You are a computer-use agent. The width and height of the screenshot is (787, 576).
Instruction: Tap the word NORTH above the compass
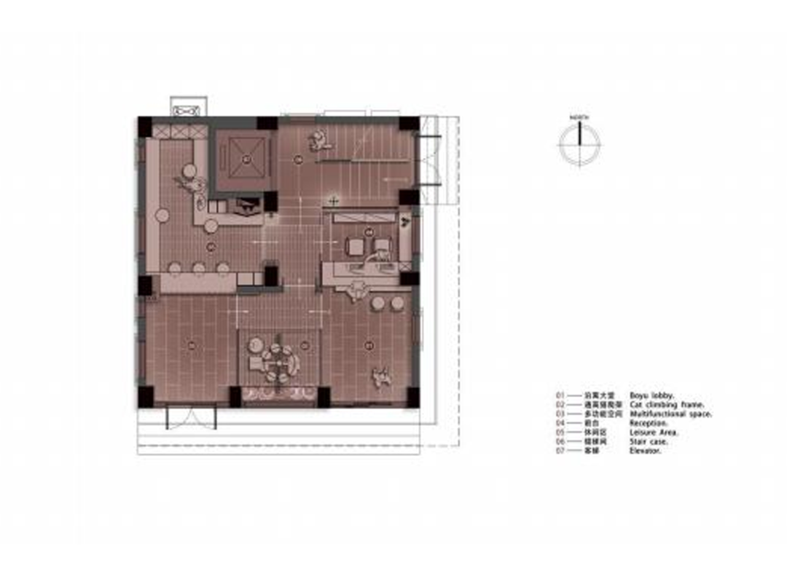[580, 117]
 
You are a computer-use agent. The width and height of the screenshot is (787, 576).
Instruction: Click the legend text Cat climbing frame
[667, 404]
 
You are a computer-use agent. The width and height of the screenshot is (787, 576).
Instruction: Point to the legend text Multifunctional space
[670, 414]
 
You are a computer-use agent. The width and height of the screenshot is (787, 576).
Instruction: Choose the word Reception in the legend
[648, 423]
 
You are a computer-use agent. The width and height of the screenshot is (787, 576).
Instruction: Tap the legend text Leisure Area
[654, 433]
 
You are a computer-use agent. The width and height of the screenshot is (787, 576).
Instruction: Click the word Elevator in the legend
[645, 451]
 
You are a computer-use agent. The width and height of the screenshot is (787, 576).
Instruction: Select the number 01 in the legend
[560, 395]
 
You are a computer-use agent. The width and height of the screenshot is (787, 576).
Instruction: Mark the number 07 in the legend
[560, 451]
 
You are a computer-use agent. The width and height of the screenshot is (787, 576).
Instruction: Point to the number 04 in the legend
[560, 423]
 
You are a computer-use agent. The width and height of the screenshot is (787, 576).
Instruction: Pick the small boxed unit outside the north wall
[189, 108]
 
